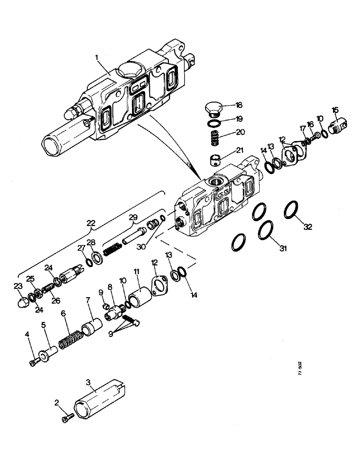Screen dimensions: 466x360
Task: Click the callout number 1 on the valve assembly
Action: pyautogui.click(x=97, y=57)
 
